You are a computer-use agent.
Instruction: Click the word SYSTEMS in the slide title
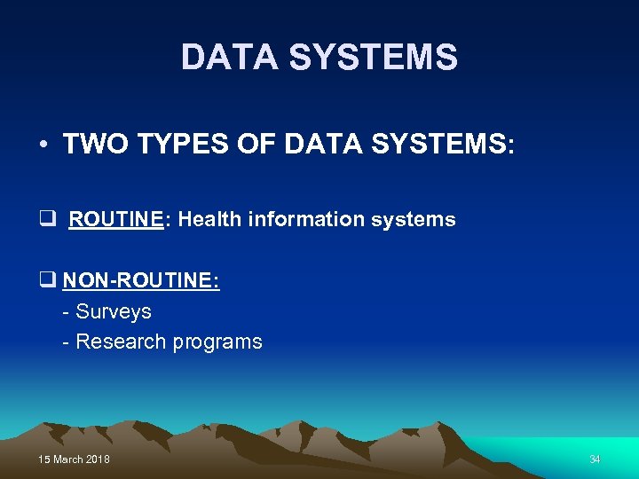tap(373, 58)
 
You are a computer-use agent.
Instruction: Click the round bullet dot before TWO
tap(43, 145)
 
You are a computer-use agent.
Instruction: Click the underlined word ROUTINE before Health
tap(115, 219)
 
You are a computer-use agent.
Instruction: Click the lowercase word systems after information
tap(415, 219)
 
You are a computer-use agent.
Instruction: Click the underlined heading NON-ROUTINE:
tap(141, 281)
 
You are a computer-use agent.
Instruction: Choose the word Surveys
tap(114, 311)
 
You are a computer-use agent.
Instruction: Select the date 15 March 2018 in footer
tap(75, 459)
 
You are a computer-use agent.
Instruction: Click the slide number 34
tap(595, 459)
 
